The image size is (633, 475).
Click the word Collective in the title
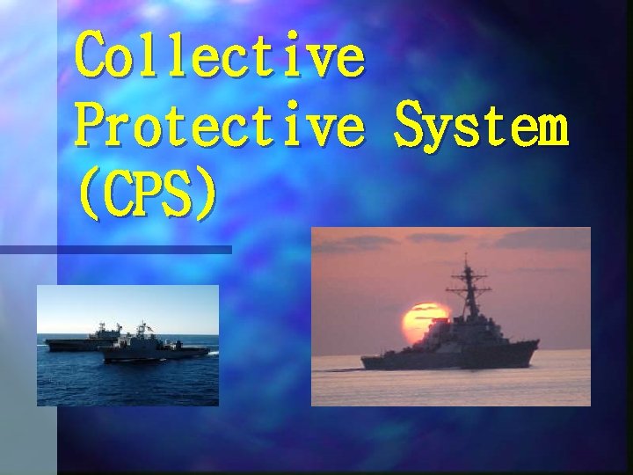click(x=219, y=55)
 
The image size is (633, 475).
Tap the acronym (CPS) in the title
click(x=146, y=194)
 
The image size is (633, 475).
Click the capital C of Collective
click(x=91, y=55)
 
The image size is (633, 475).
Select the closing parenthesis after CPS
click(x=203, y=195)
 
